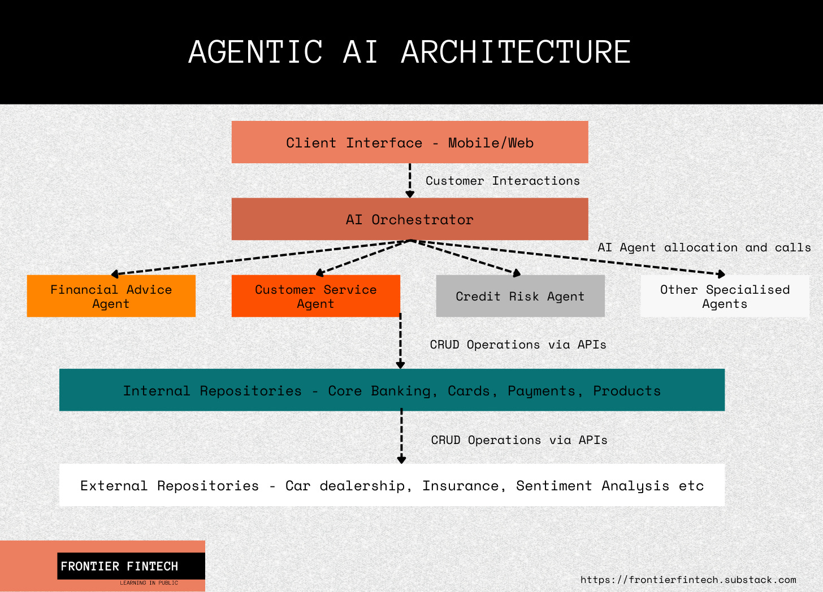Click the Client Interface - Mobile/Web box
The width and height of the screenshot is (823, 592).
click(410, 142)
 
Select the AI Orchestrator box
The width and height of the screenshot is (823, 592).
click(410, 219)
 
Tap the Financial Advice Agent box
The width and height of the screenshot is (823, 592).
click(111, 296)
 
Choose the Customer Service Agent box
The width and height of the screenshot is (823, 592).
click(315, 296)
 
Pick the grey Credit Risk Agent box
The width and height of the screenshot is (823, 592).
click(520, 296)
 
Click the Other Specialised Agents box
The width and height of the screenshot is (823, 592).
click(725, 296)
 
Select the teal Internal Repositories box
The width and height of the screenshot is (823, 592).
click(392, 390)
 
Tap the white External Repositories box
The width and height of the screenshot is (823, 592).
click(392, 485)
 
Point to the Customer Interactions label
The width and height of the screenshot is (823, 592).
click(503, 181)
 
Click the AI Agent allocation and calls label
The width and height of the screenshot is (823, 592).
click(704, 247)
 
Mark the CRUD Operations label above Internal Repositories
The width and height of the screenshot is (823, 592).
click(518, 345)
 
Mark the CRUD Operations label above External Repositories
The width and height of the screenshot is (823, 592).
click(519, 440)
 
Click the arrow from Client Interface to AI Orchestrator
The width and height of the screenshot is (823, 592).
click(410, 180)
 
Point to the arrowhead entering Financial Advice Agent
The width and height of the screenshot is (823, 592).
click(115, 275)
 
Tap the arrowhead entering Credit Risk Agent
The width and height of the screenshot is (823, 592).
click(516, 273)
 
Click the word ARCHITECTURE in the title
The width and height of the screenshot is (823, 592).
click(516, 52)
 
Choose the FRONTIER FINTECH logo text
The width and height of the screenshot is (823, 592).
click(119, 566)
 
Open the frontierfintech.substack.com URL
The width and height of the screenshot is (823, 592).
click(688, 580)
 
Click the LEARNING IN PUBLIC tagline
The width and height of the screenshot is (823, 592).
click(149, 583)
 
